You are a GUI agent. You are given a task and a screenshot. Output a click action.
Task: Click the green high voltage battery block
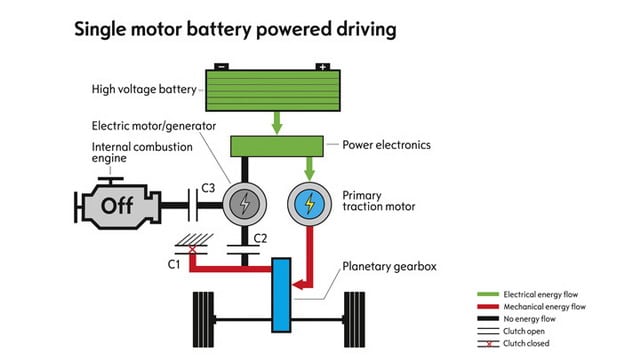tap(273, 90)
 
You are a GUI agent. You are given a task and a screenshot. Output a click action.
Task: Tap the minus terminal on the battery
tap(221, 67)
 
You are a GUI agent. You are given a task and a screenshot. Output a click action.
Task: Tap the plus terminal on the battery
tap(322, 67)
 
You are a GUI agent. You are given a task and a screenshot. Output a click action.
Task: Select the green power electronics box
tap(277, 146)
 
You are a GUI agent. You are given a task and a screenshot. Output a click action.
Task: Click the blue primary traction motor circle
tap(309, 204)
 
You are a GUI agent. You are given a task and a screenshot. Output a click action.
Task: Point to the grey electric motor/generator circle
tap(244, 204)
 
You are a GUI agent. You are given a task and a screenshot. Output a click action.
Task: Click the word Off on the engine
tap(117, 205)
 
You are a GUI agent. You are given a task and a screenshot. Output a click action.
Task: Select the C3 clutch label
tap(208, 188)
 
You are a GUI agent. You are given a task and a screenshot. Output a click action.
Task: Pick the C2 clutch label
tap(260, 238)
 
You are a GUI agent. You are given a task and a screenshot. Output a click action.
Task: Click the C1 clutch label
tap(174, 264)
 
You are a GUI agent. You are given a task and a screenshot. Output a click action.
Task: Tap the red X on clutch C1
tap(192, 250)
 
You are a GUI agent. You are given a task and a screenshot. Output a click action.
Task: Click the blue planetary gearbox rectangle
tap(281, 295)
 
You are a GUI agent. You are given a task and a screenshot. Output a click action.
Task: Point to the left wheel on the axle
tap(203, 320)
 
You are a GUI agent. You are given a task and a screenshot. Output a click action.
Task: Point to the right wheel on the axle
tap(354, 320)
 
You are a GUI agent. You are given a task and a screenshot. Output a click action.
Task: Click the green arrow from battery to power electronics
tap(277, 123)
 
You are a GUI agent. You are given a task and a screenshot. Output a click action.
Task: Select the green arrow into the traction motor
tap(309, 169)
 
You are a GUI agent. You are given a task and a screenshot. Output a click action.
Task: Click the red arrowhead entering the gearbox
tap(298, 284)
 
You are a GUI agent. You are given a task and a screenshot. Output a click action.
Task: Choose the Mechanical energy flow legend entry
tap(531, 307)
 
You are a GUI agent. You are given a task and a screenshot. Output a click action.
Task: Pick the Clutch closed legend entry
tap(513, 343)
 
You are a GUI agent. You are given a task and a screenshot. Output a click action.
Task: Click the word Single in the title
tap(100, 30)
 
